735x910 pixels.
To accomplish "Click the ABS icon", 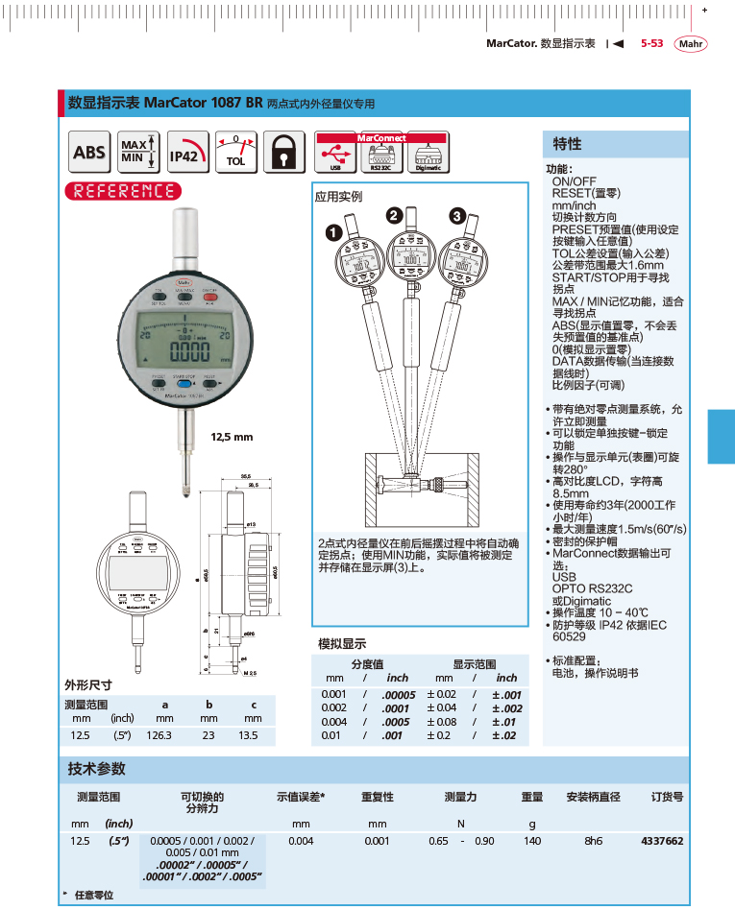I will [89, 153].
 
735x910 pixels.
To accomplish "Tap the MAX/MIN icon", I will [137, 152].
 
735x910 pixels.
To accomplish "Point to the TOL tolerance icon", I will [234, 153].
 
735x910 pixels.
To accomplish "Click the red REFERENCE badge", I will [122, 191].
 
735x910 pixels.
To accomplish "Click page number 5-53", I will [651, 44].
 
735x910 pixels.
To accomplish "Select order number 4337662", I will [661, 841].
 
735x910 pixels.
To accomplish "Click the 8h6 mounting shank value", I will [594, 841].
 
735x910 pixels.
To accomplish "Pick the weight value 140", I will [532, 841].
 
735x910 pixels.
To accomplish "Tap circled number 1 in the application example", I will [332, 232].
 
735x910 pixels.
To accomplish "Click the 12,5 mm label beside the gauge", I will [232, 437].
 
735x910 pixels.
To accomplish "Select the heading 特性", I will [567, 144].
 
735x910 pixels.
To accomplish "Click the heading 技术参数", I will [96, 770].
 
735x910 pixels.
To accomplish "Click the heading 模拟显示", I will [342, 644].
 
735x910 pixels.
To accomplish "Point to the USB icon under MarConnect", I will [335, 156].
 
